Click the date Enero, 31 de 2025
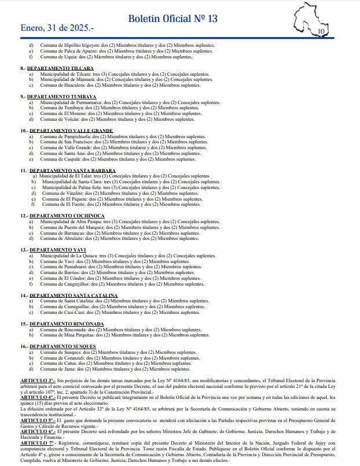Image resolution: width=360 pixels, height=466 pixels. pyautogui.click(x=56, y=27)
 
